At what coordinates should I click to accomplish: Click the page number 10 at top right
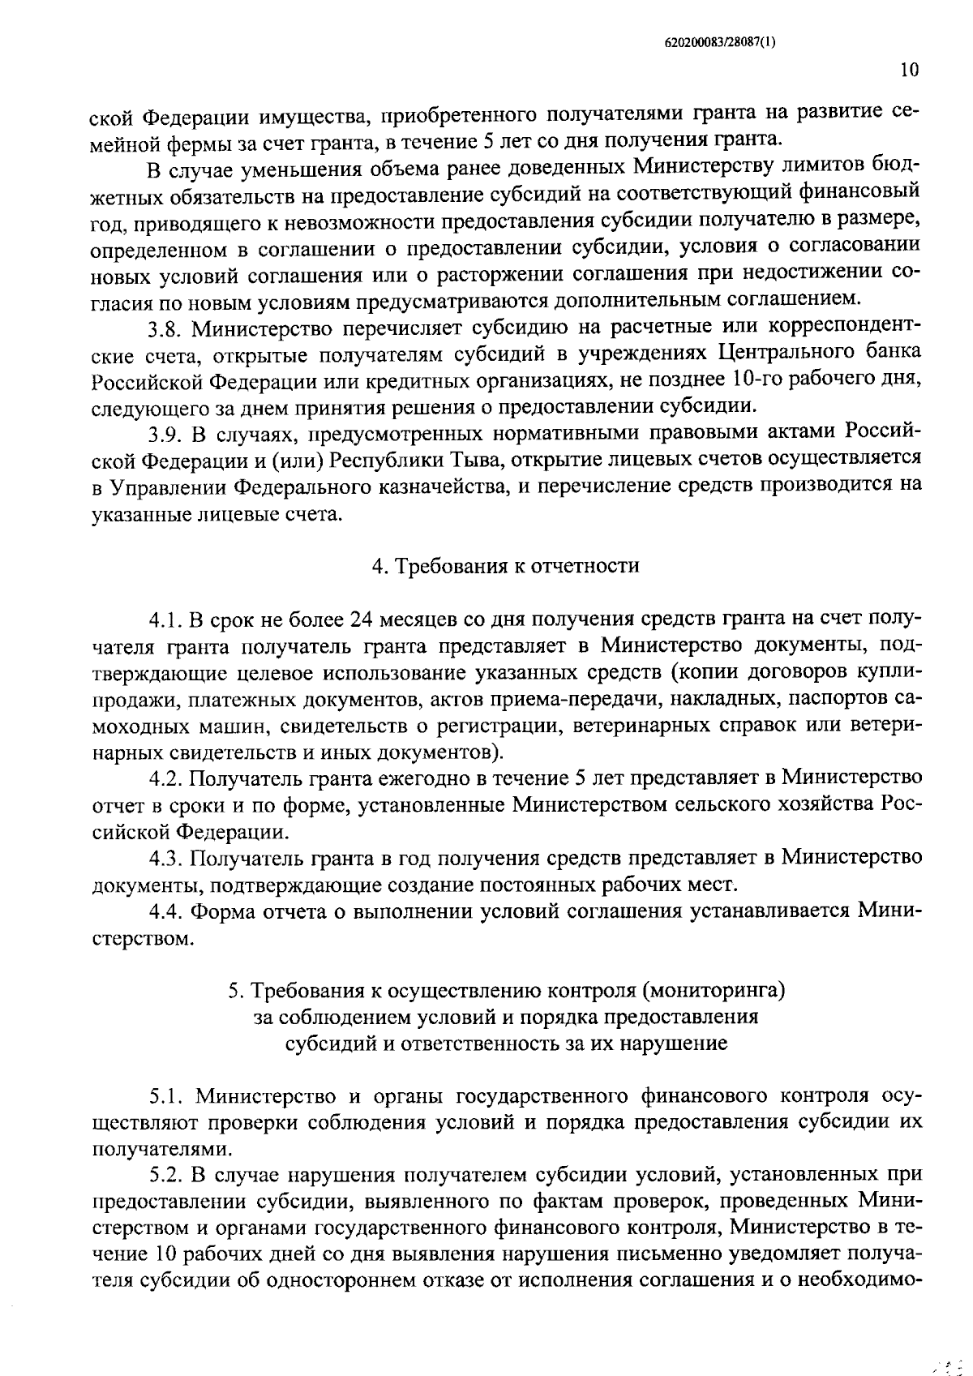[x=909, y=71]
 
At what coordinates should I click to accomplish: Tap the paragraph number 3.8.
[x=165, y=328]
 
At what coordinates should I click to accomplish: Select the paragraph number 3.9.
[x=165, y=433]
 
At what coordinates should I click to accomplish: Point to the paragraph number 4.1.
[x=165, y=620]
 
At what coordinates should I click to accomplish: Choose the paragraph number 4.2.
[x=165, y=779]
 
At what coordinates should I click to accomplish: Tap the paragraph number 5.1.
[x=165, y=1096]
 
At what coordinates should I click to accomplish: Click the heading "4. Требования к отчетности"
[x=505, y=565]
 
